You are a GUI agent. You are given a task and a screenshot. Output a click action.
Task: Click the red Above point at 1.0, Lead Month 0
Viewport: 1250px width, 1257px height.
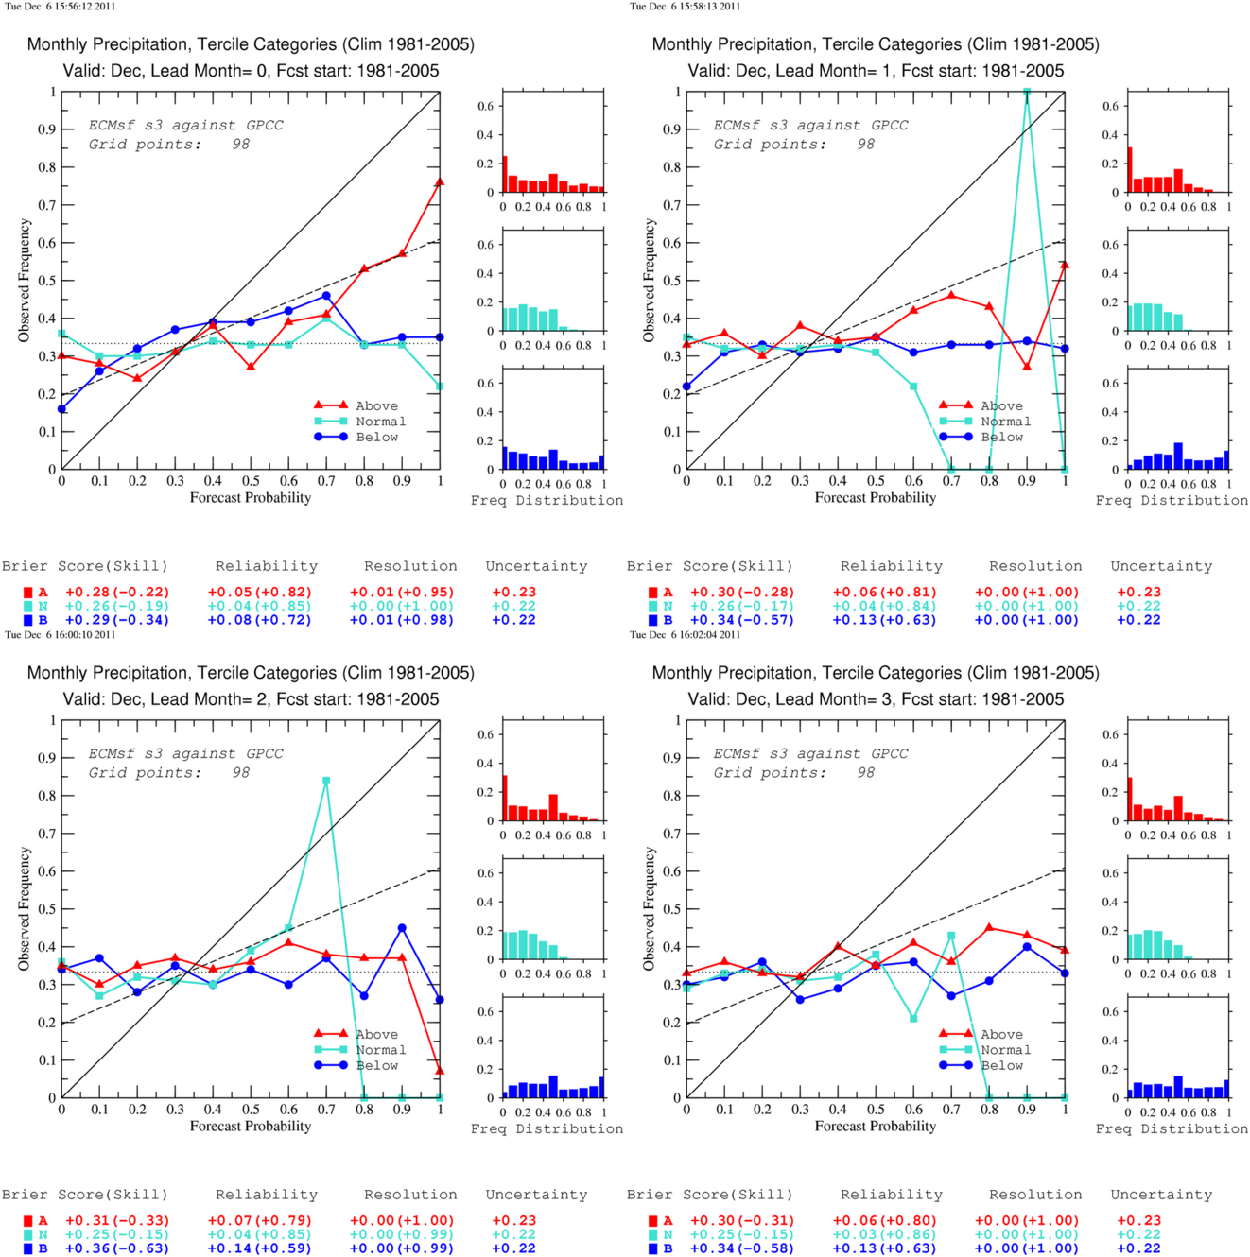click(440, 182)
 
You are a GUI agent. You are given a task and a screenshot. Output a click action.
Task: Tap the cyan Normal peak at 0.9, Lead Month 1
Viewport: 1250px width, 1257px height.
click(1026, 92)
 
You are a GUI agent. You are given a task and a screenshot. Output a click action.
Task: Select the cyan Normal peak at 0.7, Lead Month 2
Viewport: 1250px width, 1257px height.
click(326, 780)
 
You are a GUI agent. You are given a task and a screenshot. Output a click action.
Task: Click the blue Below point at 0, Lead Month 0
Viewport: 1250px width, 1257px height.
click(62, 409)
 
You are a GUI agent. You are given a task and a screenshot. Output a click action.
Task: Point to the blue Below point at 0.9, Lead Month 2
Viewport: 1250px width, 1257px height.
click(402, 927)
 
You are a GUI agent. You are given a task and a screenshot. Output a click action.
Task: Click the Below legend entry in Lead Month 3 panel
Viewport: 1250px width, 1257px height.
click(985, 1065)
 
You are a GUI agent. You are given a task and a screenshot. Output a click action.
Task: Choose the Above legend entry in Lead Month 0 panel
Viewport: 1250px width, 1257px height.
click(356, 405)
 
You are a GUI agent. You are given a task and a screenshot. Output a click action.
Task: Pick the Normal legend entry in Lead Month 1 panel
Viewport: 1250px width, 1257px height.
click(985, 422)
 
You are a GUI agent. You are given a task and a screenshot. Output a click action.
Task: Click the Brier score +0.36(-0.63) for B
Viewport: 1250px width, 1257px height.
click(117, 1248)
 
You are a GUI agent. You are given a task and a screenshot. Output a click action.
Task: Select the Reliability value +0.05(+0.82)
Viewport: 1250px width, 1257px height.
click(259, 593)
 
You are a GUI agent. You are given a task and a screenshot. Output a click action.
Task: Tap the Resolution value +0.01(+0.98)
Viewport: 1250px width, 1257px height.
click(402, 620)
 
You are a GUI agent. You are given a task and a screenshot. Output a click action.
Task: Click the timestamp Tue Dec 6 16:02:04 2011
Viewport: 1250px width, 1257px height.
click(685, 634)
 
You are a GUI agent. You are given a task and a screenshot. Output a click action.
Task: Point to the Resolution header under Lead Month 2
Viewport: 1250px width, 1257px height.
click(410, 1195)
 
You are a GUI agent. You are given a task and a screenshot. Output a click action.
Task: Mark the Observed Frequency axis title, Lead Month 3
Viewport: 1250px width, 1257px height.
click(649, 908)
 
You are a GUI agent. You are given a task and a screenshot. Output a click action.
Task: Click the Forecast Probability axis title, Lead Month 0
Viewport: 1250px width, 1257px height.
click(251, 498)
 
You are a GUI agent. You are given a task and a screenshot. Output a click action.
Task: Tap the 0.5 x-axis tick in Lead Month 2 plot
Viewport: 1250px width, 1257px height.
click(251, 1109)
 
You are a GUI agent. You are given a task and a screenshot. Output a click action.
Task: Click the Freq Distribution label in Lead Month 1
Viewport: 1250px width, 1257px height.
click(1172, 500)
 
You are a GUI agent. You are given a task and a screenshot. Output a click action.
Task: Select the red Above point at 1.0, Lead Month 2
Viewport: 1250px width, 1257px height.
click(440, 1071)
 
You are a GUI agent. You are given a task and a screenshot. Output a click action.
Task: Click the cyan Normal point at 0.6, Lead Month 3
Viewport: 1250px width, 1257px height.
click(913, 1018)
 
